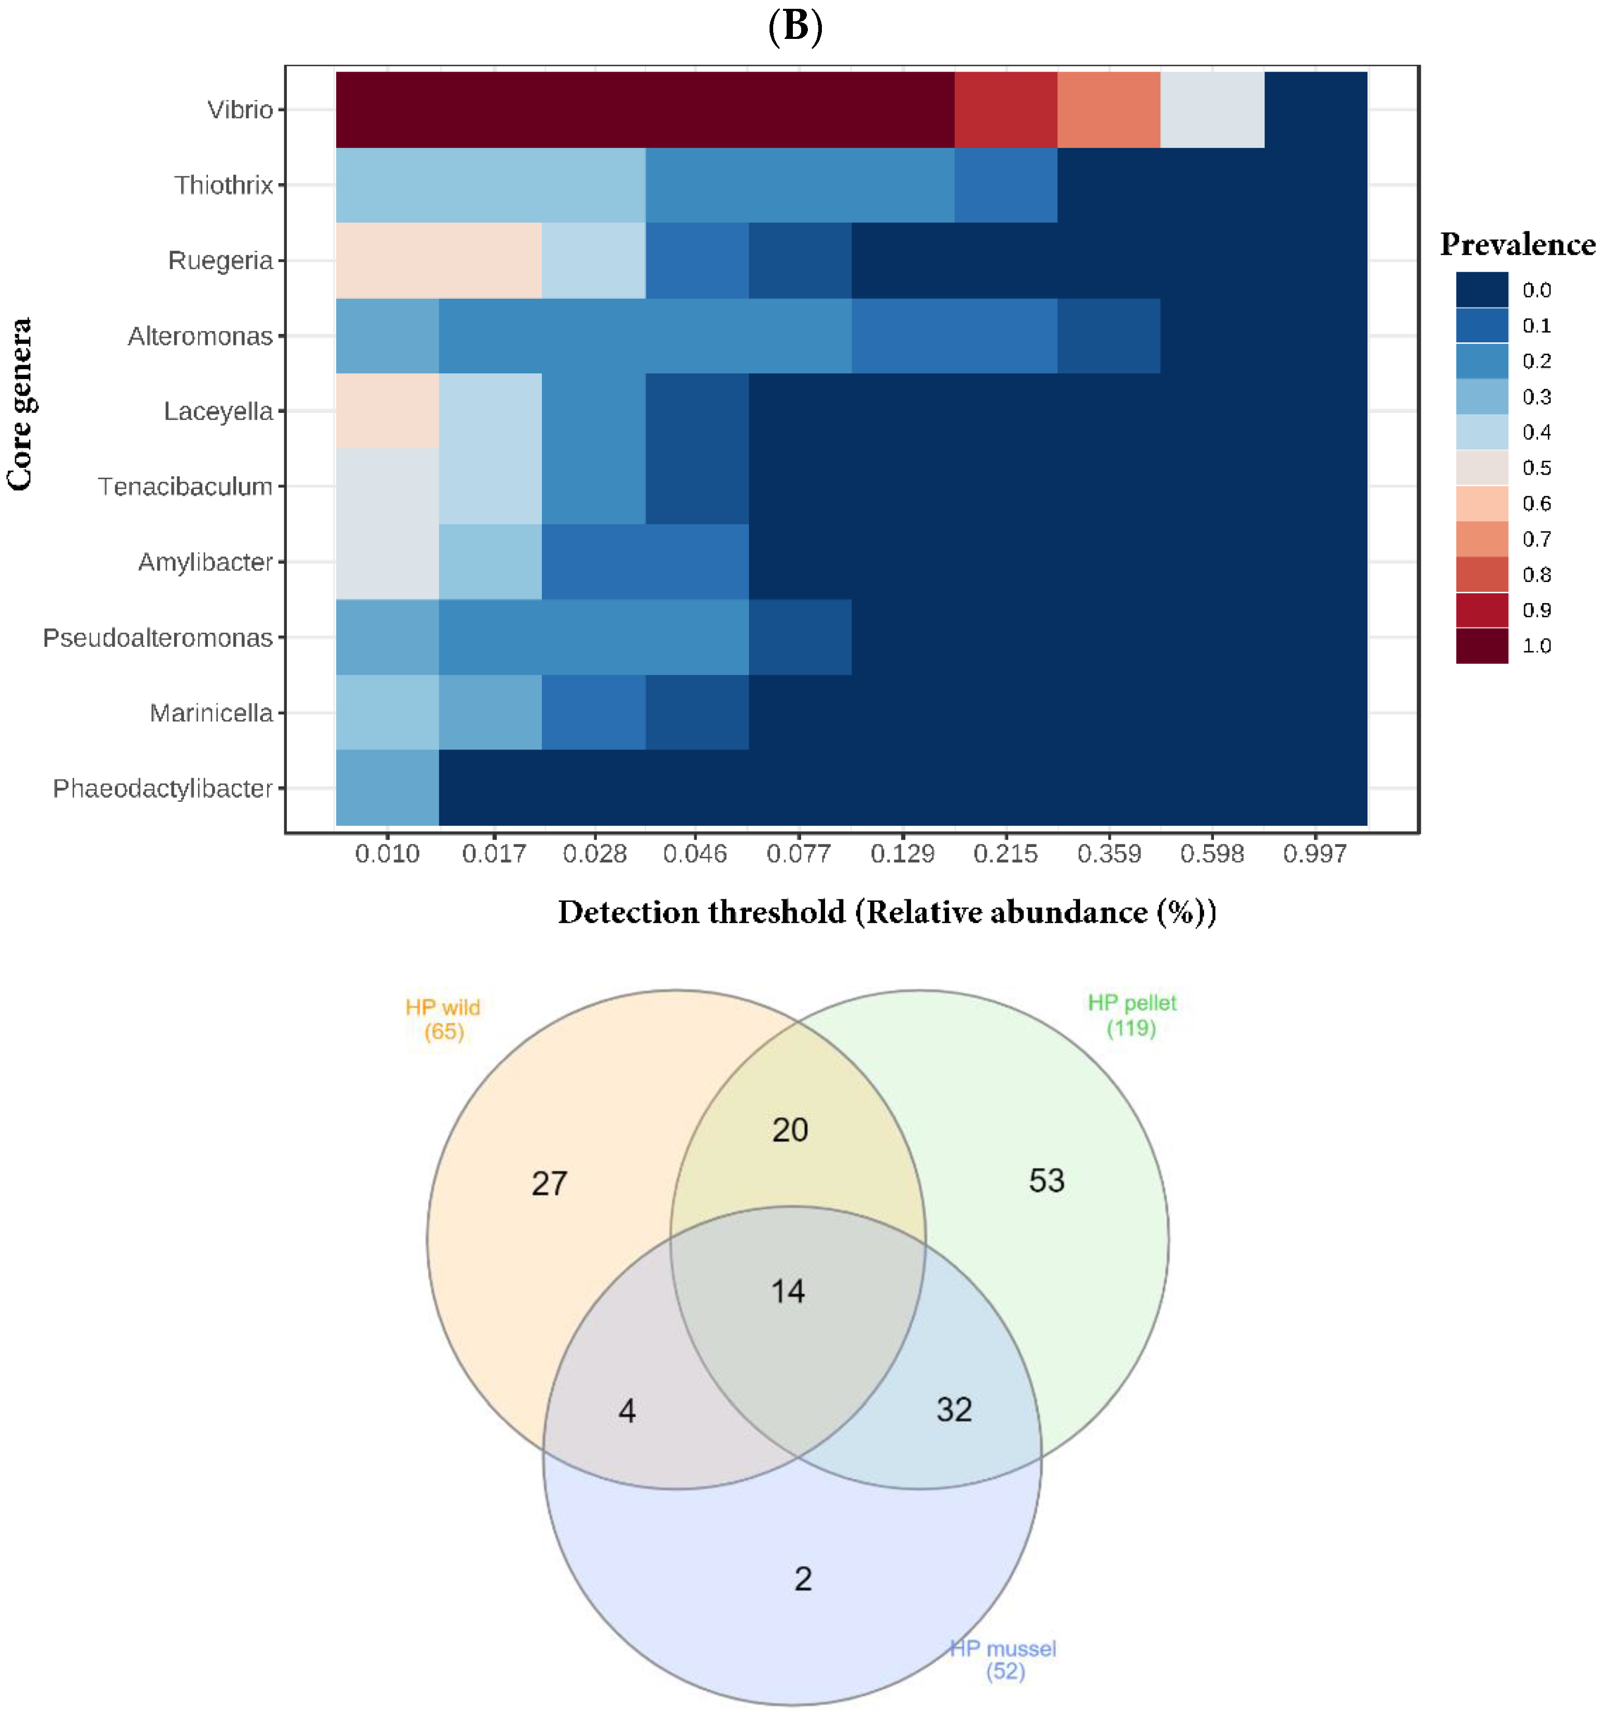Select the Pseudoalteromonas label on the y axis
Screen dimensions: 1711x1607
point(158,638)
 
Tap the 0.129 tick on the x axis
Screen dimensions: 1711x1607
point(902,854)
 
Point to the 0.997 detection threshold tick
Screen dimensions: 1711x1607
point(1315,854)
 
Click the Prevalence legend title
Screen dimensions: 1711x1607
point(1517,244)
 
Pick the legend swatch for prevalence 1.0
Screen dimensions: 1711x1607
point(1482,646)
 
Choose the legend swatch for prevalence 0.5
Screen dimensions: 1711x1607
point(1482,467)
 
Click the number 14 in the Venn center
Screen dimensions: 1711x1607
point(788,1291)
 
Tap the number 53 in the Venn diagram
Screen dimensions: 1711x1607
point(1046,1180)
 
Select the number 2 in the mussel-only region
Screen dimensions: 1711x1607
point(802,1578)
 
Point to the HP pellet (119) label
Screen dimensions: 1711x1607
point(1131,1014)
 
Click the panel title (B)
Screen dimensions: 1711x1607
point(794,26)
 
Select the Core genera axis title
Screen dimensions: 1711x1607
point(20,405)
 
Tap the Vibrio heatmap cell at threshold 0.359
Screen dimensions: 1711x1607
point(1109,109)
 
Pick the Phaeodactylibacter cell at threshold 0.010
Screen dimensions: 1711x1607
point(387,787)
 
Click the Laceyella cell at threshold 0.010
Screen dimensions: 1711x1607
point(387,411)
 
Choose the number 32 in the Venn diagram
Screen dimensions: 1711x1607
point(954,1410)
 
